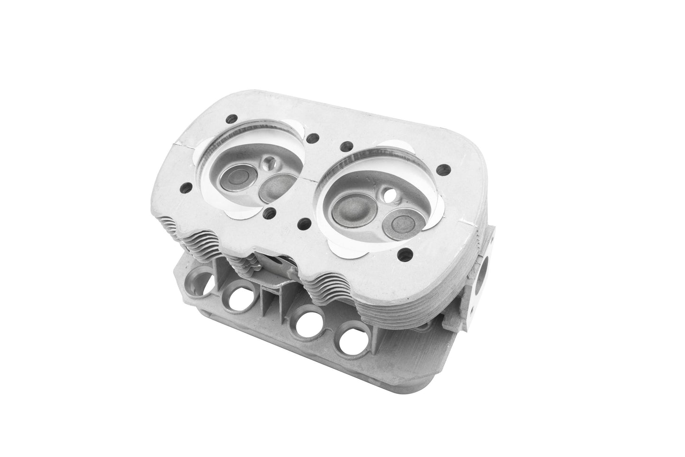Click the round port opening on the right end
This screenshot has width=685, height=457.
pyautogui.click(x=484, y=267)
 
